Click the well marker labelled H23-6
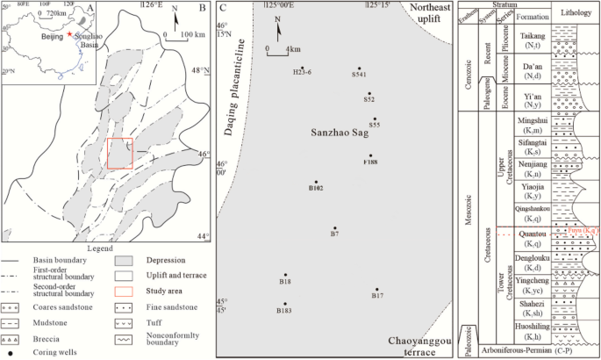[x=302, y=68]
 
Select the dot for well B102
[x=316, y=182]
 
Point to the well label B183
[x=284, y=311]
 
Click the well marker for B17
[x=376, y=289]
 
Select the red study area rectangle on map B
[x=119, y=153]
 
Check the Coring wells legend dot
[x=10, y=354]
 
